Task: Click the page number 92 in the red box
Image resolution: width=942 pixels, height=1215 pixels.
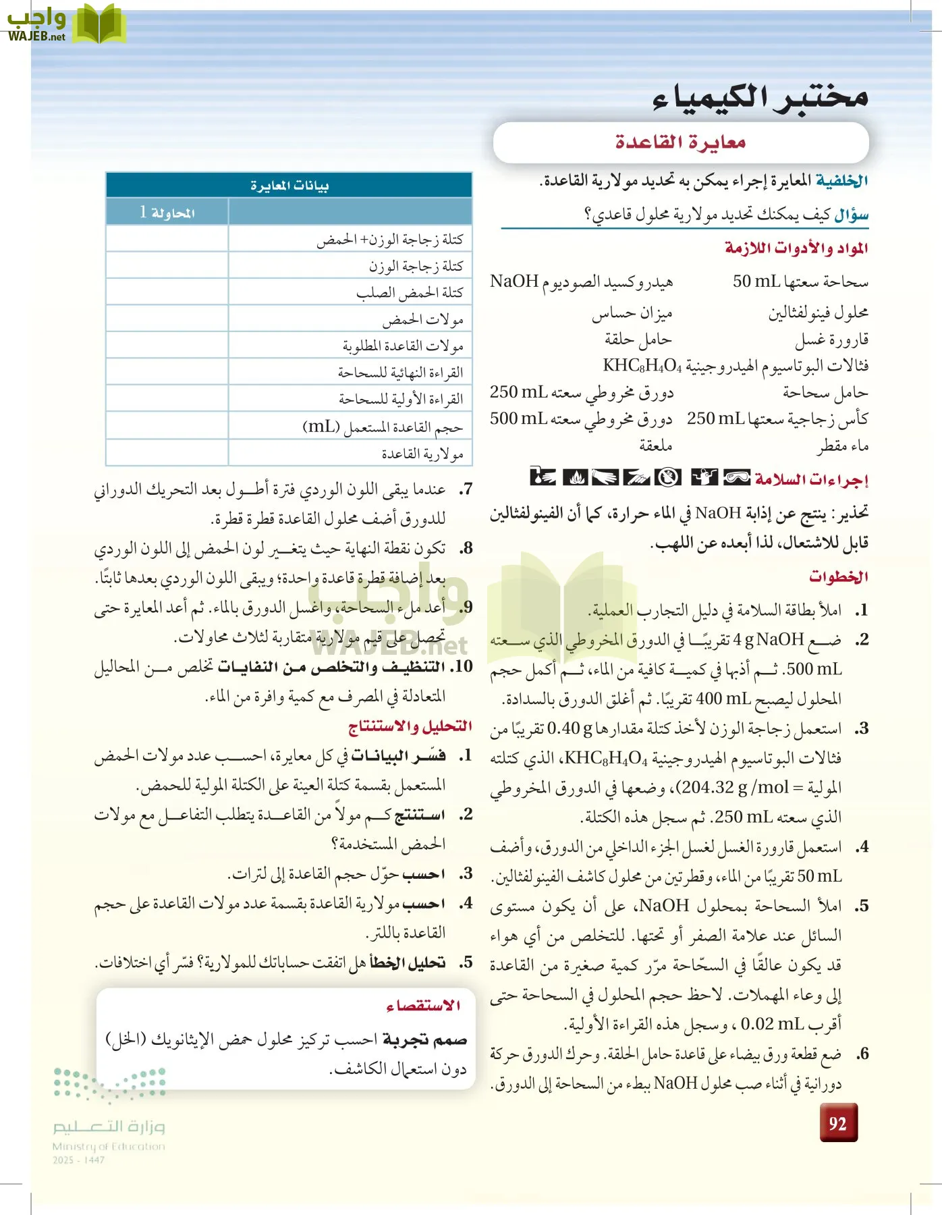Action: click(838, 1123)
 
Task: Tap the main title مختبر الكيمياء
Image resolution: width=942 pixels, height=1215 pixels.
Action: click(760, 97)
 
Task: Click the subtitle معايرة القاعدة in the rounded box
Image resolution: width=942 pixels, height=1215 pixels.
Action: click(680, 142)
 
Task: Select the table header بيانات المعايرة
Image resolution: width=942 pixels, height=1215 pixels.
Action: click(289, 185)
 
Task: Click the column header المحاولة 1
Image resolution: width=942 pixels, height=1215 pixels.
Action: click(167, 212)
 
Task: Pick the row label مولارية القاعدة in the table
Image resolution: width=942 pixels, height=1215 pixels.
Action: click(422, 454)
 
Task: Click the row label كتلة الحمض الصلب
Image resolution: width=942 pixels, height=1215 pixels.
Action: click(410, 292)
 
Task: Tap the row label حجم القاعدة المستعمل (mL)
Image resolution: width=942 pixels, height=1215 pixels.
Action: click(383, 427)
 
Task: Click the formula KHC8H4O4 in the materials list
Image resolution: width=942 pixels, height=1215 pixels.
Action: click(642, 366)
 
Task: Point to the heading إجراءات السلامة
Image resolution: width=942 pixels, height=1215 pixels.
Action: click(812, 480)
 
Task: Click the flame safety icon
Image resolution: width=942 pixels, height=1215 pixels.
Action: click(575, 477)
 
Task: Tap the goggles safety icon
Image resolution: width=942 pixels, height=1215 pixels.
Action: click(736, 477)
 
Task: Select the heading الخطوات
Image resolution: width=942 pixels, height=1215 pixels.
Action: click(838, 577)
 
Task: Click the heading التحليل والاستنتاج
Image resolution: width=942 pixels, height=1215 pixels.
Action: click(410, 726)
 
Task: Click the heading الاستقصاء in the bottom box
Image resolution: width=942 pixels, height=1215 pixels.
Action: click(423, 1006)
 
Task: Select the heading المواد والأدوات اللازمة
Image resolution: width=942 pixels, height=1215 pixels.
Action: click(796, 248)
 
